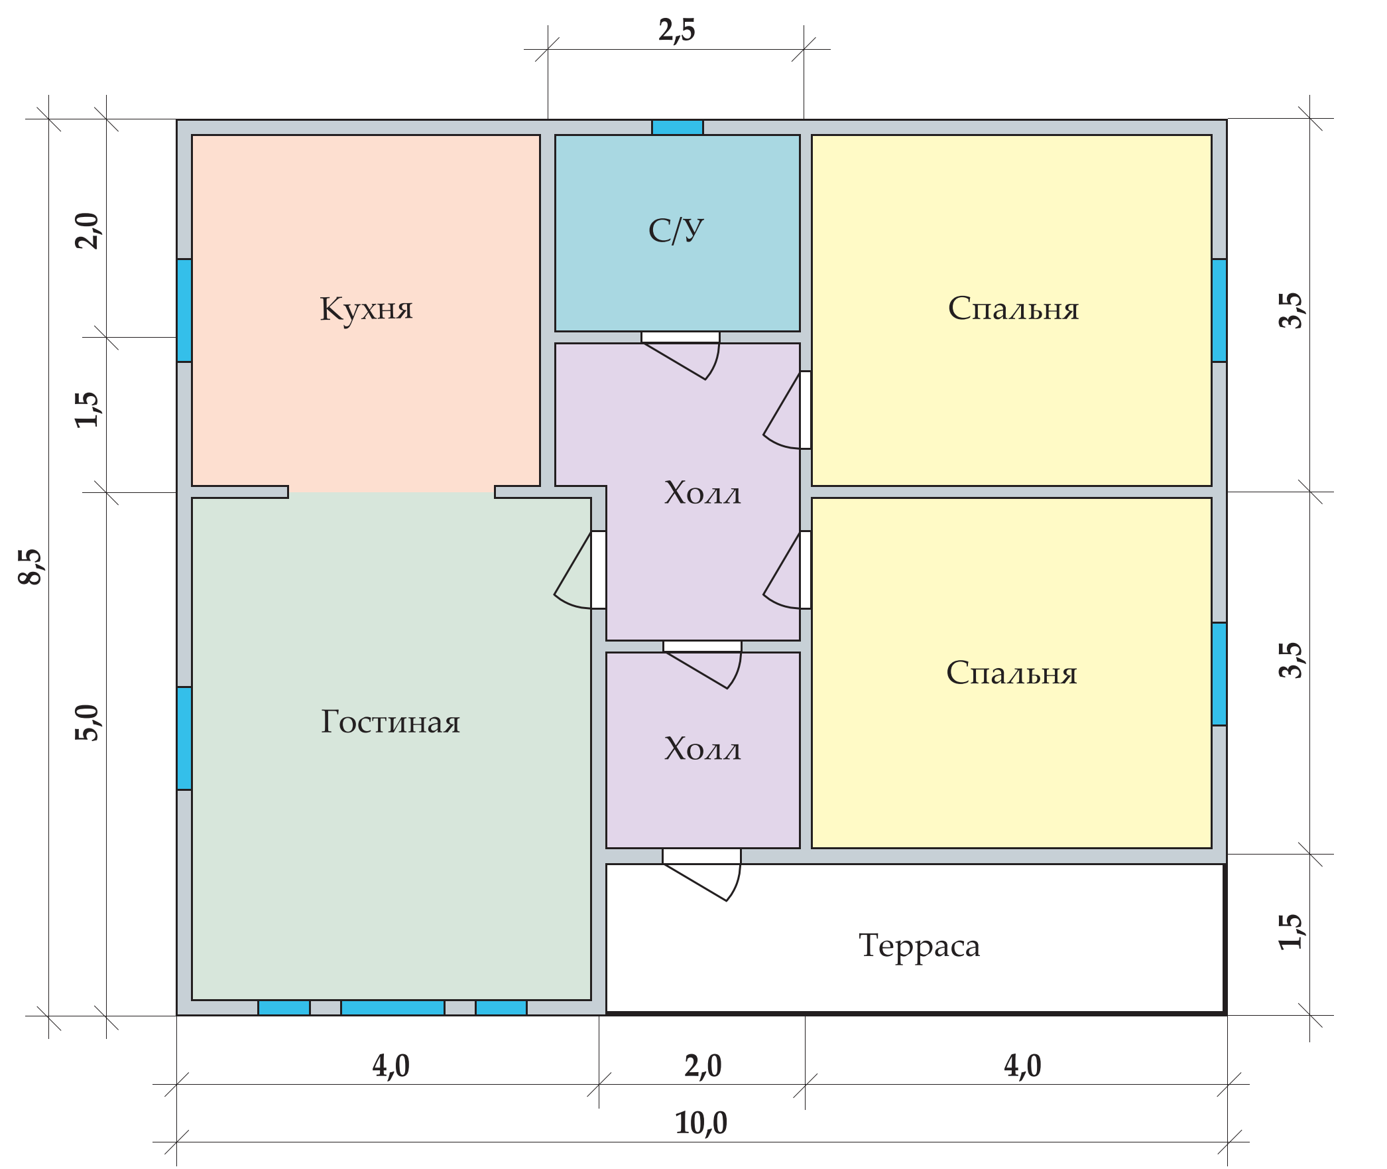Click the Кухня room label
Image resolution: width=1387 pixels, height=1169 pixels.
click(x=366, y=309)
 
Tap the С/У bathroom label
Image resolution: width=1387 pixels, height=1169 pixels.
click(x=676, y=230)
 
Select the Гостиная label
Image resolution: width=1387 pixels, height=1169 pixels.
click(x=390, y=722)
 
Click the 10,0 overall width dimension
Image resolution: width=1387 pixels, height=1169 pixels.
click(x=701, y=1123)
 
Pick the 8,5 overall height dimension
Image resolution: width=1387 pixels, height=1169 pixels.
click(x=30, y=567)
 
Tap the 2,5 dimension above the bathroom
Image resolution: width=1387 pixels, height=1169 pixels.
click(x=676, y=31)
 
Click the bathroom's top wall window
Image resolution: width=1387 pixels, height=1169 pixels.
click(x=677, y=127)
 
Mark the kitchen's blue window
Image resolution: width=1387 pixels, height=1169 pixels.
click(x=184, y=310)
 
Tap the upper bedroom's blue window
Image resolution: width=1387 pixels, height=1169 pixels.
click(x=1219, y=310)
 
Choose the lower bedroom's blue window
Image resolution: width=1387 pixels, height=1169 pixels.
click(x=1219, y=673)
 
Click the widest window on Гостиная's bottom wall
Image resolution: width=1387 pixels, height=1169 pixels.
click(x=392, y=1008)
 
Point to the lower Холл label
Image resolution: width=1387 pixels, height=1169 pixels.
click(x=703, y=749)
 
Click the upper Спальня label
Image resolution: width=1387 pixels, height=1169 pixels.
click(x=1013, y=309)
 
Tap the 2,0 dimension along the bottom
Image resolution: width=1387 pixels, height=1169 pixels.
click(x=703, y=1066)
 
